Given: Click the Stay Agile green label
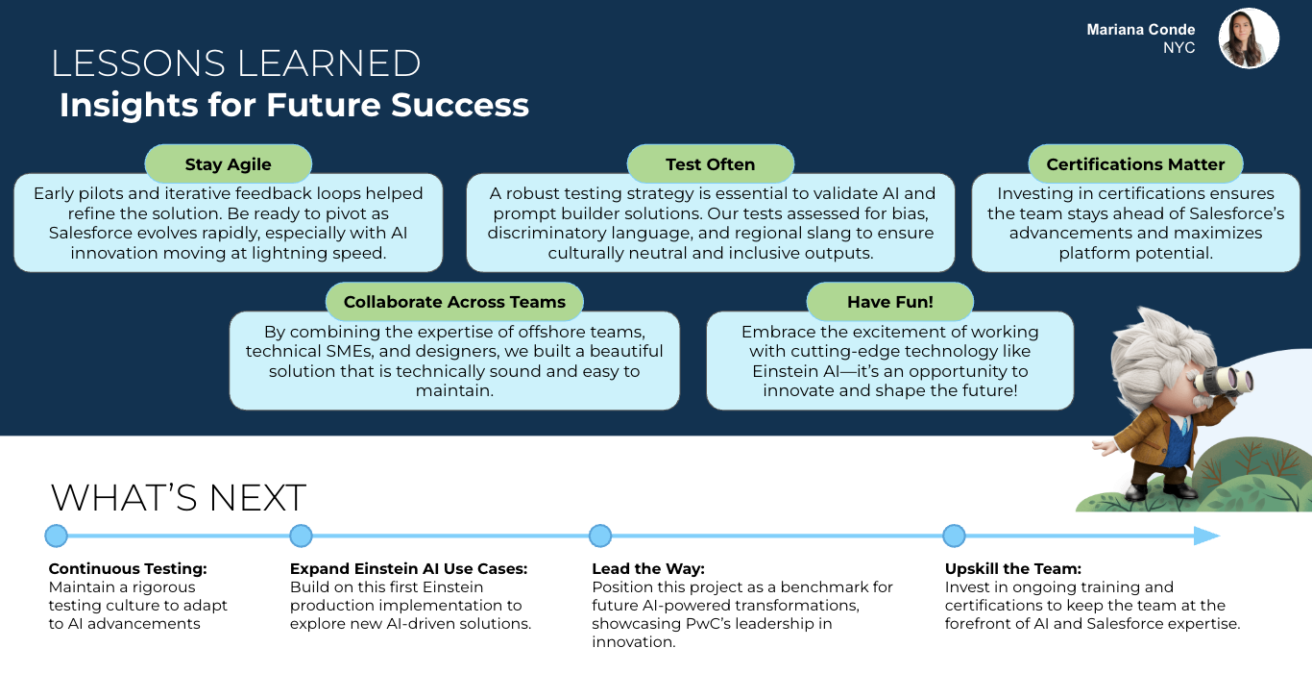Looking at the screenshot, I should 228,164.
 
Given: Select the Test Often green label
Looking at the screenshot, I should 710,164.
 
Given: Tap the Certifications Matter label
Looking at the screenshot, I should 1135,164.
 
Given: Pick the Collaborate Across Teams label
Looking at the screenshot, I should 454,302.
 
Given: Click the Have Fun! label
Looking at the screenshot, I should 889,302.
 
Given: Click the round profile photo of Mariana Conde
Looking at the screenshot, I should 1249,39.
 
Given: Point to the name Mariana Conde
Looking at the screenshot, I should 1141,30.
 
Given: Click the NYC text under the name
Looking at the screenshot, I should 1178,48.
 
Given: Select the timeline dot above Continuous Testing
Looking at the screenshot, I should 57,536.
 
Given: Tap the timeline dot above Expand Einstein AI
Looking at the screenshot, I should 301,536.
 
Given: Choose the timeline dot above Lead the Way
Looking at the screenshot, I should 600,536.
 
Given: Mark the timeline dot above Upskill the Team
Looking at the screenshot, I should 954,536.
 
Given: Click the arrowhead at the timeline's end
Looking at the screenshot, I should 1207,536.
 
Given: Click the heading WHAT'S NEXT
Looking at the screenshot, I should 179,498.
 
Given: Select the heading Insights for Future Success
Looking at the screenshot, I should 294,105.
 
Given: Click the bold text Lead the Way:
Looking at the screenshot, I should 648,569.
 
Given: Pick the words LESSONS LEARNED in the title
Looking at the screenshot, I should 236,63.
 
